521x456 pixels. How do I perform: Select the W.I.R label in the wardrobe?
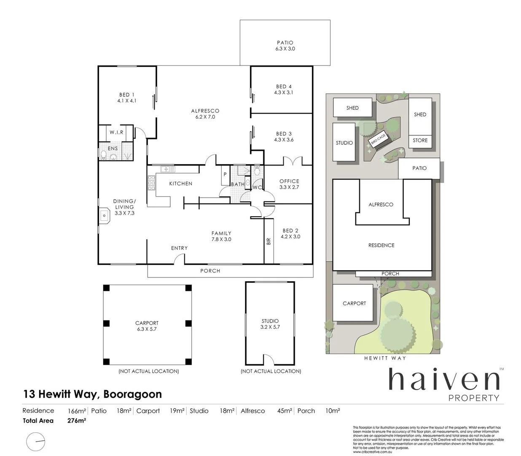pyautogui.click(x=116, y=132)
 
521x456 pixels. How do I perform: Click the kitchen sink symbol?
pyautogui.click(x=167, y=169)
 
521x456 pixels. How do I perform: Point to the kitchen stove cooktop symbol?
pyautogui.click(x=151, y=183)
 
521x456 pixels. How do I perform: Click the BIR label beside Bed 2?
pyautogui.click(x=269, y=242)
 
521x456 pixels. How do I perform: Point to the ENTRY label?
pyautogui.click(x=179, y=248)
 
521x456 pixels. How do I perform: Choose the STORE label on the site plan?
pyautogui.click(x=420, y=140)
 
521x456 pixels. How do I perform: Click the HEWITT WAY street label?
pyautogui.click(x=385, y=358)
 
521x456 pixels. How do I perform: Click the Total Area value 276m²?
pyautogui.click(x=77, y=421)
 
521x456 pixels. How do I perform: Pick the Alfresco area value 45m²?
pyautogui.click(x=285, y=410)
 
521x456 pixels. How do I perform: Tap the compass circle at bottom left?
pyautogui.click(x=36, y=442)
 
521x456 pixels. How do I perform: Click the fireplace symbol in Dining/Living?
pyautogui.click(x=104, y=215)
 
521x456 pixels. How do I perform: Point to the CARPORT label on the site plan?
pyautogui.click(x=354, y=303)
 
